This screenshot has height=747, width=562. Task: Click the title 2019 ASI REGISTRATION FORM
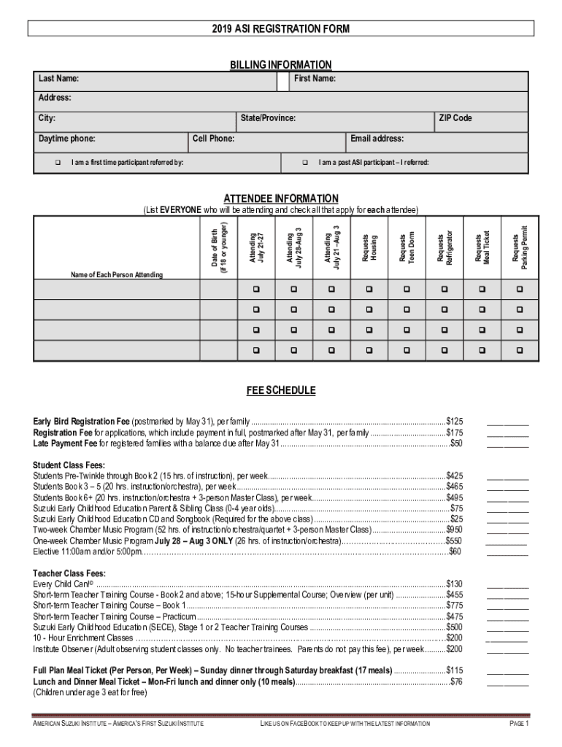point(281,29)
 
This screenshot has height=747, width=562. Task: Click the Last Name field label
point(59,79)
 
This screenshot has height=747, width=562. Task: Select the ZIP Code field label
point(455,118)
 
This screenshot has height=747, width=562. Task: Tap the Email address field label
point(377,139)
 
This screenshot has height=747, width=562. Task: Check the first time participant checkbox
point(58,162)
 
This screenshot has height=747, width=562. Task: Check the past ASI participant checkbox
point(305,162)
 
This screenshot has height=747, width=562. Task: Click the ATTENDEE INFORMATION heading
point(281,198)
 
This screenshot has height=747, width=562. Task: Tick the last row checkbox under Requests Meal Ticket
point(482,351)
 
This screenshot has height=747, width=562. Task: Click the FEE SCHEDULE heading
point(281,391)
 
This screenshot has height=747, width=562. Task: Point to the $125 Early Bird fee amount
point(454,422)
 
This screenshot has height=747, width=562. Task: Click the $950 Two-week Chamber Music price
point(454,530)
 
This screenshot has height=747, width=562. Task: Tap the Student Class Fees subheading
point(69,465)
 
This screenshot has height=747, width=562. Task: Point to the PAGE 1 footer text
point(519,724)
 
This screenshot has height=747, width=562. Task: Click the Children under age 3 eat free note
point(90,692)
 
